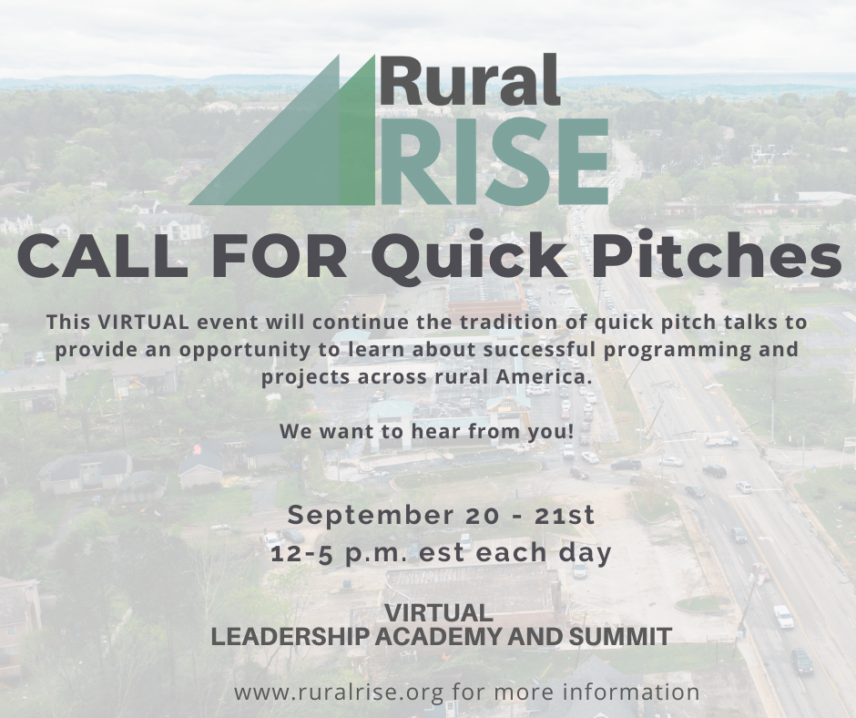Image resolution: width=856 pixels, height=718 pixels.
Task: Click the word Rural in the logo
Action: tap(471, 80)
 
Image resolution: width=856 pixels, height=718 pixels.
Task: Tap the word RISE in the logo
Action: tap(494, 162)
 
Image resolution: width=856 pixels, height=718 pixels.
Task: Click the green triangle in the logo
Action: tap(282, 130)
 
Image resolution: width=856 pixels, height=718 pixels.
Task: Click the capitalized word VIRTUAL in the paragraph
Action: tap(142, 322)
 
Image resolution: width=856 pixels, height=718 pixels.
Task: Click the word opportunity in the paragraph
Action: tap(244, 350)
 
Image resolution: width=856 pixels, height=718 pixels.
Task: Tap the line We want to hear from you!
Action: tap(427, 431)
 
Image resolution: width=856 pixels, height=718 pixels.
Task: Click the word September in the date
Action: tap(370, 516)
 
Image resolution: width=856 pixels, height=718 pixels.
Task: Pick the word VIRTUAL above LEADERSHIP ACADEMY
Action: tap(439, 612)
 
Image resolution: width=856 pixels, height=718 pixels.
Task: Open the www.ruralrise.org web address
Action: tap(339, 692)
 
